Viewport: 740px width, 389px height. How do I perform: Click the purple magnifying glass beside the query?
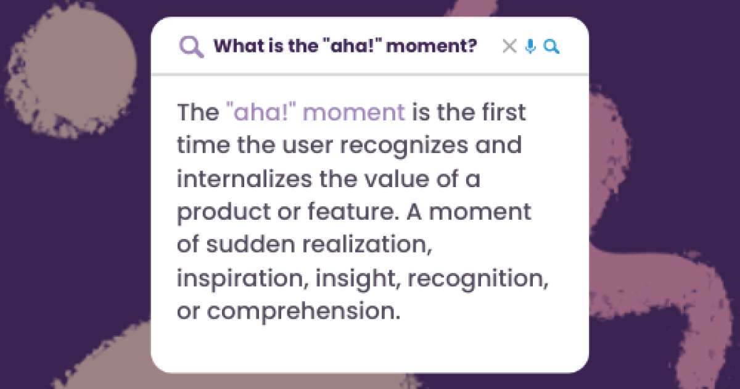tap(191, 46)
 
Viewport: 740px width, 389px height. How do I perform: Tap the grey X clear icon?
tap(509, 46)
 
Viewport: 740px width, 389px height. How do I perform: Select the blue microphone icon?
tap(530, 46)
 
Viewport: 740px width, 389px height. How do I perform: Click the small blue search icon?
tap(551, 46)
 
